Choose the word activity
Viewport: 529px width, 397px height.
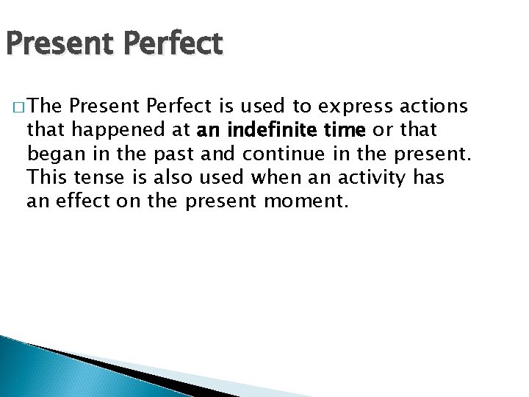pyautogui.click(x=373, y=177)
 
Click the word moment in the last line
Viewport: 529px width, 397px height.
pyautogui.click(x=308, y=201)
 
